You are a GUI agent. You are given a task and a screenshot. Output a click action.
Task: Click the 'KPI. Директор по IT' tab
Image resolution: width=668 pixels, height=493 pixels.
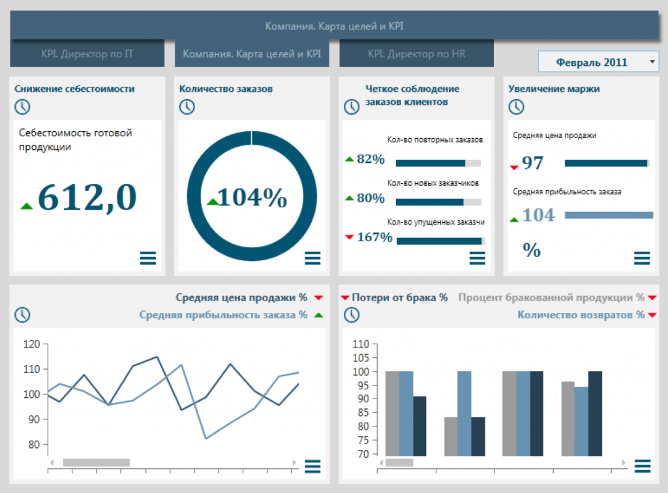pyautogui.click(x=87, y=53)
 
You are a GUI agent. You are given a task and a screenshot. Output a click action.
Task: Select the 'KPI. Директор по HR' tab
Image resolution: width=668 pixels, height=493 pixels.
pyautogui.click(x=417, y=53)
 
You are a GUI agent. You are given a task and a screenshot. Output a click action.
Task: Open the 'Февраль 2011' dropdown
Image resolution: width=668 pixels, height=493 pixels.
pyautogui.click(x=599, y=62)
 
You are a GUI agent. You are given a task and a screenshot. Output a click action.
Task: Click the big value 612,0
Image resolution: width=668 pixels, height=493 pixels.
pyautogui.click(x=87, y=198)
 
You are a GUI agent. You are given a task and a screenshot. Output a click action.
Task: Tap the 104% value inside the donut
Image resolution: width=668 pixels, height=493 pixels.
pyautogui.click(x=252, y=198)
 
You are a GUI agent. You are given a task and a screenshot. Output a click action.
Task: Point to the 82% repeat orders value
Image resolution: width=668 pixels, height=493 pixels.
pyautogui.click(x=371, y=159)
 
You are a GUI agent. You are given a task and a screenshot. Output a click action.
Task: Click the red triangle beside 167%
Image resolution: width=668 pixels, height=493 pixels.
pyautogui.click(x=350, y=237)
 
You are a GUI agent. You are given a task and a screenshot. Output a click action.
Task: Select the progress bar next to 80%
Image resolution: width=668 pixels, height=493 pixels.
pyautogui.click(x=438, y=202)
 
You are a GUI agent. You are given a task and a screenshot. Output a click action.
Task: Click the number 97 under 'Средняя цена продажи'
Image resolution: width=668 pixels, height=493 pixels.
pyautogui.click(x=532, y=162)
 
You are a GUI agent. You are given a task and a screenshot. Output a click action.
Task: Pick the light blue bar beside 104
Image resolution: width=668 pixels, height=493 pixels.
pyautogui.click(x=609, y=215)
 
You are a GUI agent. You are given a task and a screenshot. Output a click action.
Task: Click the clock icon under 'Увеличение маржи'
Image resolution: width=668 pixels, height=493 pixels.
pyautogui.click(x=517, y=107)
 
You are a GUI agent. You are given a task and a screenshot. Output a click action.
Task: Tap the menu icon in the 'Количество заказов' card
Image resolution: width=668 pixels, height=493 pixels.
pyautogui.click(x=312, y=258)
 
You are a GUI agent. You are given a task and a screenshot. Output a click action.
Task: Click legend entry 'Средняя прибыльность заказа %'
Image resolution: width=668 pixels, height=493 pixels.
pyautogui.click(x=223, y=315)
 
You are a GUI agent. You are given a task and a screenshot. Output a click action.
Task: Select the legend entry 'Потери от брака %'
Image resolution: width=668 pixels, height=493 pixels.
pyautogui.click(x=400, y=297)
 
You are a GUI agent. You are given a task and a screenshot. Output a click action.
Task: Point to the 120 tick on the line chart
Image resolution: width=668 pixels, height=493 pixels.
pyautogui.click(x=31, y=344)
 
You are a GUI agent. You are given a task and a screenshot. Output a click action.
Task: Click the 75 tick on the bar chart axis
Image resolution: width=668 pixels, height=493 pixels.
pyautogui.click(x=363, y=440)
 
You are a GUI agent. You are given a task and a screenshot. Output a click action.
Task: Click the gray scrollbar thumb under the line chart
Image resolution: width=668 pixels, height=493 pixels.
pyautogui.click(x=97, y=462)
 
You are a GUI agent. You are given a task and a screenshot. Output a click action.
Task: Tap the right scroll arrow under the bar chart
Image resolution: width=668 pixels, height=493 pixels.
pyautogui.click(x=624, y=462)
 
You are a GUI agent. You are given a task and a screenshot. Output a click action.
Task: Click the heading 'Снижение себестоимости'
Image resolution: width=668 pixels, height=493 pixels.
pyautogui.click(x=74, y=89)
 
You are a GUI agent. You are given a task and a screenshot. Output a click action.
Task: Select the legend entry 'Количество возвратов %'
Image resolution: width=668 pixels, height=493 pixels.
pyautogui.click(x=581, y=315)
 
